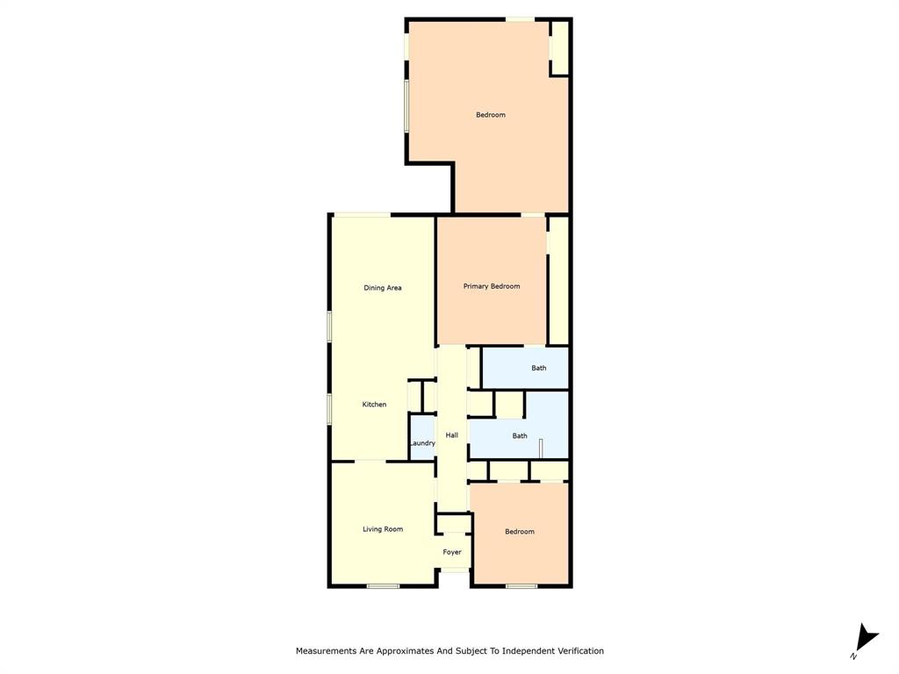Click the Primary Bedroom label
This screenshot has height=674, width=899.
pyautogui.click(x=492, y=286)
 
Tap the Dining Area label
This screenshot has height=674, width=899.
pyautogui.click(x=383, y=288)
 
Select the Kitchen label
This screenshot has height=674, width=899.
pyautogui.click(x=375, y=405)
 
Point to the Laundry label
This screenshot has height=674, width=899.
pyautogui.click(x=422, y=443)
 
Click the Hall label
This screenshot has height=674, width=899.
pyautogui.click(x=452, y=435)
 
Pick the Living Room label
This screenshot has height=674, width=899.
pyautogui.click(x=383, y=529)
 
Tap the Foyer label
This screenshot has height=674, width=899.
pyautogui.click(x=452, y=552)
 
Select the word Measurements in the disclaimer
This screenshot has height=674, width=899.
pyautogui.click(x=327, y=651)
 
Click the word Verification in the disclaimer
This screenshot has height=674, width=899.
pyautogui.click(x=575, y=651)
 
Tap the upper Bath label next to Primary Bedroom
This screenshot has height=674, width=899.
pyautogui.click(x=539, y=369)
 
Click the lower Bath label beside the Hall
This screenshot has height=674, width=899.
pyautogui.click(x=520, y=436)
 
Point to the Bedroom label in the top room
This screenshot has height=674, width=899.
pyautogui.click(x=491, y=115)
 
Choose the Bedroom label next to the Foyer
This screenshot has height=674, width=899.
pyautogui.click(x=520, y=532)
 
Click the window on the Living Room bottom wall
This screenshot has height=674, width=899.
pyautogui.click(x=383, y=585)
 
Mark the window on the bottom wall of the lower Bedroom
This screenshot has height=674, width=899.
pyautogui.click(x=521, y=585)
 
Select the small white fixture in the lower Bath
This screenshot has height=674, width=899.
pyautogui.click(x=541, y=448)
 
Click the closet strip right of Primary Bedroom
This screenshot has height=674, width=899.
pyautogui.click(x=558, y=280)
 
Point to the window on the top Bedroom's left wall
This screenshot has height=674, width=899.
pyautogui.click(x=406, y=106)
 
